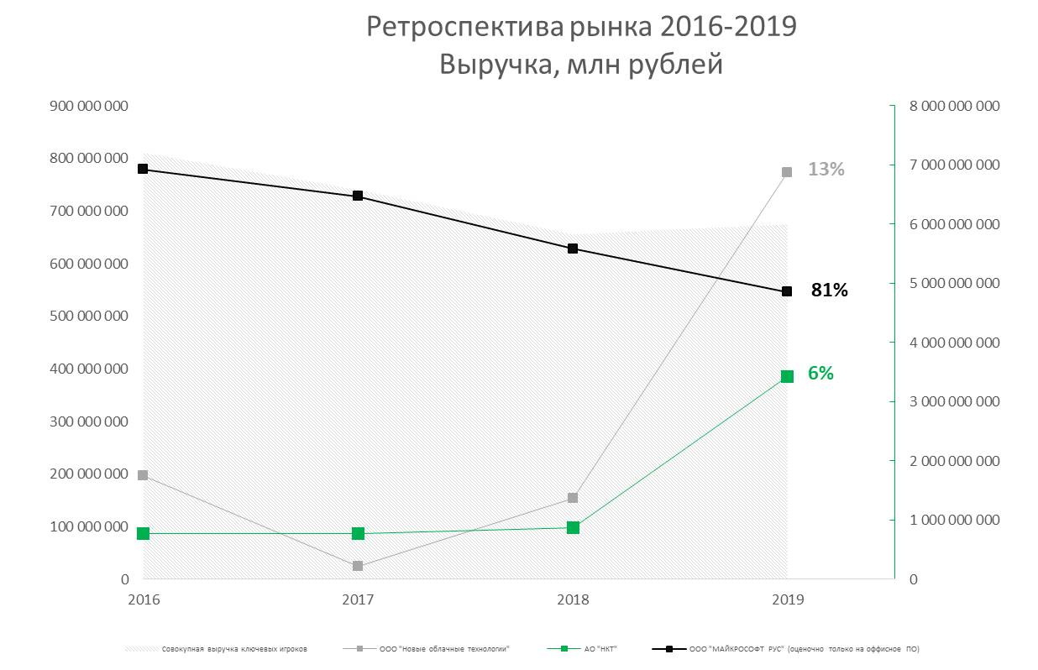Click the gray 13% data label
tap(826, 170)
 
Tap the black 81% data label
tap(829, 291)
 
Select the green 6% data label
tap(820, 374)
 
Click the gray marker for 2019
tap(787, 172)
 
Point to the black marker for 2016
tap(143, 169)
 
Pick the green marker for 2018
tap(573, 527)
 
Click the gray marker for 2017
tap(358, 566)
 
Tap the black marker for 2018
tap(573, 249)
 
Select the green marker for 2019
tap(787, 376)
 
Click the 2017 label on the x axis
tap(358, 600)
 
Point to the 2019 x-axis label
tap(787, 600)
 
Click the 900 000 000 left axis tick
tap(88, 106)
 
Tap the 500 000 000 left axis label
tap(88, 317)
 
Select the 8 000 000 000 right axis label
tap(955, 106)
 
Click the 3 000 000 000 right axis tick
tap(955, 401)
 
